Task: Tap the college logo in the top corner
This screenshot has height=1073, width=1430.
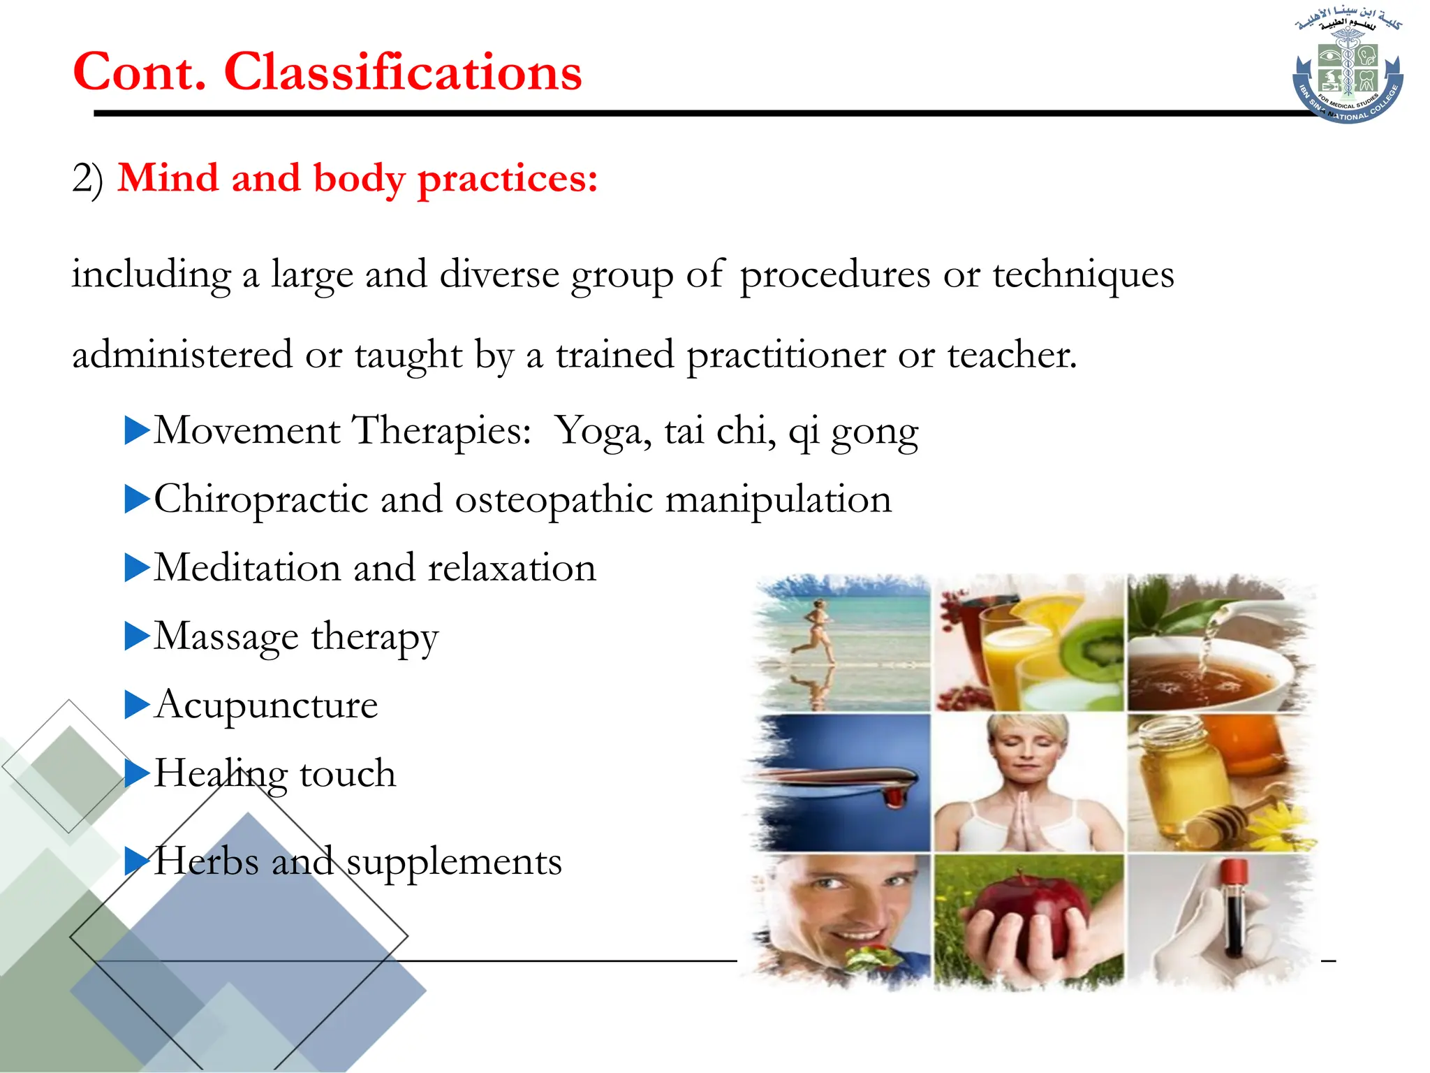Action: [x=1348, y=66]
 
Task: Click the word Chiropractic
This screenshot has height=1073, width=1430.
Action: [x=261, y=499]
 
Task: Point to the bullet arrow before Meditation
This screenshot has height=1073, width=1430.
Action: [x=137, y=567]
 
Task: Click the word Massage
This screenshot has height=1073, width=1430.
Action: [x=226, y=636]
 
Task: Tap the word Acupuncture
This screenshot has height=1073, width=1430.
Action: [x=266, y=704]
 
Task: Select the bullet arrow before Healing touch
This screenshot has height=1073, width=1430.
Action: [x=137, y=773]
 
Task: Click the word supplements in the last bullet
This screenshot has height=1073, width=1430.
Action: [x=454, y=861]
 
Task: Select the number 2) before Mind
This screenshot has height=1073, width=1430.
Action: [x=87, y=179]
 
